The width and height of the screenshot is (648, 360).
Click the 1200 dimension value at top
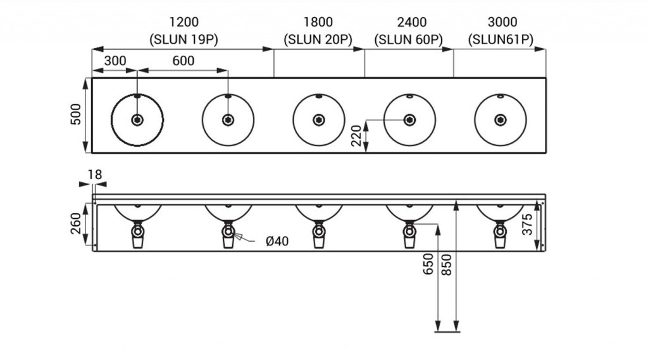click(x=184, y=23)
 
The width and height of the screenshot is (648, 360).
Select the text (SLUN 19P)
click(x=184, y=39)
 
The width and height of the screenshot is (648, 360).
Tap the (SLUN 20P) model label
click(x=318, y=39)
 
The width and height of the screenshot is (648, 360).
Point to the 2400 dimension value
click(x=408, y=23)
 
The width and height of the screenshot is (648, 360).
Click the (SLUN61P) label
click(x=501, y=39)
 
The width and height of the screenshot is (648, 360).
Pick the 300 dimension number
click(x=115, y=61)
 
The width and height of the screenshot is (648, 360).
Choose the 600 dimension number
click(x=183, y=61)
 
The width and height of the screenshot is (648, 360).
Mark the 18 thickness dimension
click(x=95, y=174)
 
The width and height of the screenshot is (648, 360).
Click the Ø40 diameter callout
click(x=278, y=240)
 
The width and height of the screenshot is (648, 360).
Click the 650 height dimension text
click(x=428, y=264)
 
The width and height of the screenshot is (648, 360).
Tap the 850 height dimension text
click(x=447, y=264)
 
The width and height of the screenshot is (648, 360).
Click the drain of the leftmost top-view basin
click(x=137, y=119)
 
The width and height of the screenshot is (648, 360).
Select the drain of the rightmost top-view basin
click(x=500, y=119)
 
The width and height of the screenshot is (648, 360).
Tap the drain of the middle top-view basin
click(x=318, y=119)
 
